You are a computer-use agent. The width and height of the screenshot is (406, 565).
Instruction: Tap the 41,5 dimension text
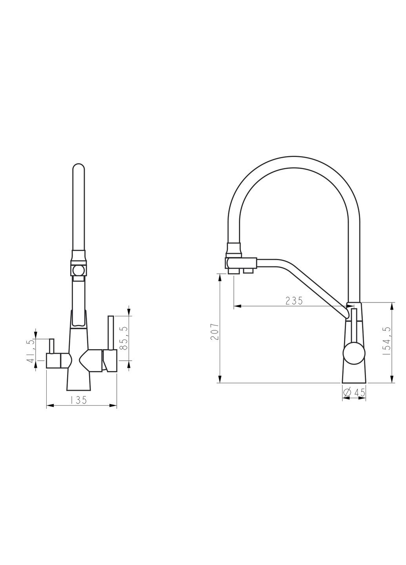(x=31, y=351)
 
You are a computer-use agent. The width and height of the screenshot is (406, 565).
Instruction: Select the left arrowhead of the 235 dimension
(x=238, y=306)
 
